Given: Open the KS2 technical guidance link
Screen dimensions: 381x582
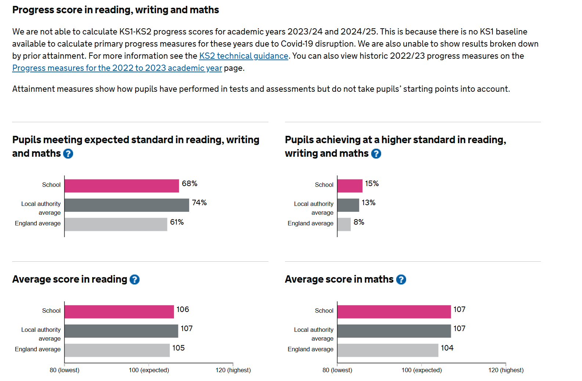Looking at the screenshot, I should coord(243,56).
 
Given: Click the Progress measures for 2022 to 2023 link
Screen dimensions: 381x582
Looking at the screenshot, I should coord(117,68).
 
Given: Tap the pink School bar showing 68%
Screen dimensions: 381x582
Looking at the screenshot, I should coord(122,186).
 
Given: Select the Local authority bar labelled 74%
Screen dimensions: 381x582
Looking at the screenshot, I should coord(127,205).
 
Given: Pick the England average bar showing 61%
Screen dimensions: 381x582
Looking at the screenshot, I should coord(116,224).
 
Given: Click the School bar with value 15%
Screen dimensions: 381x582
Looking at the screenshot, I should coord(350,186).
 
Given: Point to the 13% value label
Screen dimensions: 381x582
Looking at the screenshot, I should coord(368,203).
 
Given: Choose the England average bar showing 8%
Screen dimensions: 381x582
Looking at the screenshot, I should coord(344,224).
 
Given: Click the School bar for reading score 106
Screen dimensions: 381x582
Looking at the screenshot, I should coord(119,312).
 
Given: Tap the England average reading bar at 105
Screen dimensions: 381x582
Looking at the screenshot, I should coord(117,350).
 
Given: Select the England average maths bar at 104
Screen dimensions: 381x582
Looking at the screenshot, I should coord(387,350).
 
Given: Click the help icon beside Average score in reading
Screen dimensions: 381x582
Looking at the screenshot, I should coord(135,280).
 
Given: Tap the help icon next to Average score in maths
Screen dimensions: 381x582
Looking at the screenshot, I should coord(401,280).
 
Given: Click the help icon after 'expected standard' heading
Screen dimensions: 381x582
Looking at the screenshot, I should coord(68,153).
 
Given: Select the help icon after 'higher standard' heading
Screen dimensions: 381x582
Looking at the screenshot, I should coord(376,153).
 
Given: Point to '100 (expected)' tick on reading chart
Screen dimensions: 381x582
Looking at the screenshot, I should coord(149,370).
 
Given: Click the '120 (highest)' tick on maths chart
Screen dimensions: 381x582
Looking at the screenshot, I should coord(506,370).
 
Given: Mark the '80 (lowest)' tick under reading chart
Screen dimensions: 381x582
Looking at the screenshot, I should coord(65,370).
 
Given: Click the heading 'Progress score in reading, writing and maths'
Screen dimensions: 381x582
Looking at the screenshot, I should coord(116,10).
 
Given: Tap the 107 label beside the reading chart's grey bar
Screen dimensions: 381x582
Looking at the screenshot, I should coord(187,329).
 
